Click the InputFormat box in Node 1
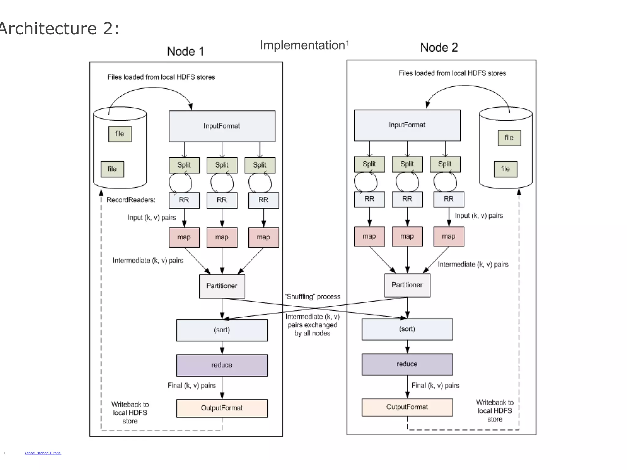click(222, 126)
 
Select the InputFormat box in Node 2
click(407, 125)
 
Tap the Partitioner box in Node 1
click(222, 286)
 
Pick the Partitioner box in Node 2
click(407, 285)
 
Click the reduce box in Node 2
click(407, 364)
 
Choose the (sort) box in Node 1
click(222, 330)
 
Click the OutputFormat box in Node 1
click(222, 408)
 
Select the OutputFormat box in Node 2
click(407, 407)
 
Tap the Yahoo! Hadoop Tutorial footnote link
click(43, 453)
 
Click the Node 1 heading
click(186, 51)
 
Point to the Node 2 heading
click(439, 48)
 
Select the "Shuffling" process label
click(312, 297)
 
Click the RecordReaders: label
click(131, 200)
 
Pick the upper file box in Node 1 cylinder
click(120, 134)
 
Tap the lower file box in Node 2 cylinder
click(505, 169)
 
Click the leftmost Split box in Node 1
click(184, 165)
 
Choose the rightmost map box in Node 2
click(449, 237)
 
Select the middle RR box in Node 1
click(222, 200)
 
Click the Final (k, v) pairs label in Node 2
click(435, 385)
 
